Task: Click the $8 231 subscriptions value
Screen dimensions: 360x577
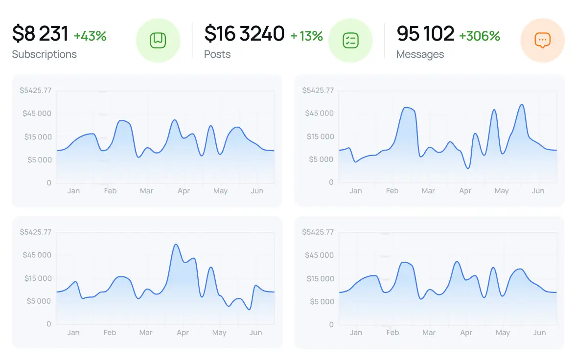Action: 40,34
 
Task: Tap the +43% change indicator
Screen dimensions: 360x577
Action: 90,36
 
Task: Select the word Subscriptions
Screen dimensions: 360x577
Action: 44,54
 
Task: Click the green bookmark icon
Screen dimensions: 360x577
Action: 158,41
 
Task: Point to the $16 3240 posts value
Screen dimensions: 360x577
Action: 244,34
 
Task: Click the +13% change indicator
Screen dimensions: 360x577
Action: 306,36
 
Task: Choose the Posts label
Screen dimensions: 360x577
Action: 217,54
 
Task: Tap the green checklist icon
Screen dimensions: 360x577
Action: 350,41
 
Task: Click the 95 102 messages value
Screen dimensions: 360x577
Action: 425,34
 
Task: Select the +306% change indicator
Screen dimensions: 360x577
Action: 479,36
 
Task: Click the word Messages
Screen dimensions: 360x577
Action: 420,54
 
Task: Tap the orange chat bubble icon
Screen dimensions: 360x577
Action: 542,41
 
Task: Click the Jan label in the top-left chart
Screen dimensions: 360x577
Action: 73,191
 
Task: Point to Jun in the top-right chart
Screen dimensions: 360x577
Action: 538,191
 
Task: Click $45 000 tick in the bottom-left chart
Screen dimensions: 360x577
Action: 37,255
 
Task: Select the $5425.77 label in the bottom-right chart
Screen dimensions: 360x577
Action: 318,232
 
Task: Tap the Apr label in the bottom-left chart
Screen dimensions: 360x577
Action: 183,333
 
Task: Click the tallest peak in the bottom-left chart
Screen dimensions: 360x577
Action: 176,245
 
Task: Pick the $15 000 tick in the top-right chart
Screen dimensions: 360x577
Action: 319,136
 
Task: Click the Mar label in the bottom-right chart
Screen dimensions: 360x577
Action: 429,333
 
